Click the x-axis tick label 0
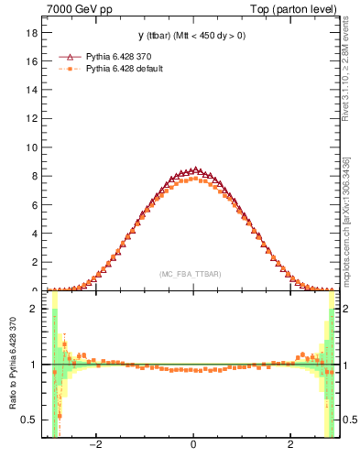click(x=192, y=446)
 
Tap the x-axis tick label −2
click(x=94, y=446)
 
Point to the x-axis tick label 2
click(x=290, y=446)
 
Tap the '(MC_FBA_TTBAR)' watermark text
click(x=190, y=274)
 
